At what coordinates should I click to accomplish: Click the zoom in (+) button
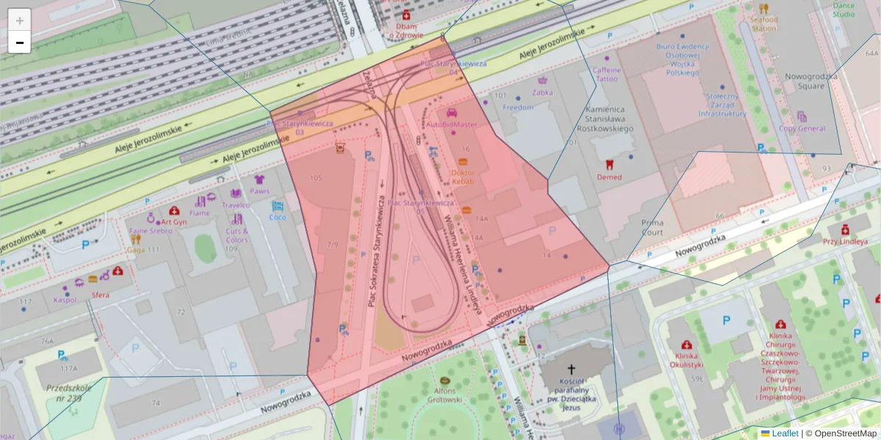(x=20, y=21)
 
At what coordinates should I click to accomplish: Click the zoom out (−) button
(x=20, y=43)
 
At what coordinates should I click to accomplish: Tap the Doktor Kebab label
(x=463, y=176)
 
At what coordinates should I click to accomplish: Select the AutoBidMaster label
(x=452, y=124)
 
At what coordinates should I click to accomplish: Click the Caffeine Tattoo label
(x=606, y=74)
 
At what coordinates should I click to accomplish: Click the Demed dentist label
(x=609, y=177)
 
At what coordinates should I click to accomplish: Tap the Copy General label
(x=802, y=128)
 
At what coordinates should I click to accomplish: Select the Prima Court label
(x=652, y=227)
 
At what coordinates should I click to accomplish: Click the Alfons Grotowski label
(x=445, y=395)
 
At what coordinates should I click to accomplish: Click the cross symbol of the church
(x=571, y=371)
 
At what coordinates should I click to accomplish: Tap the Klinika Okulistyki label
(x=686, y=359)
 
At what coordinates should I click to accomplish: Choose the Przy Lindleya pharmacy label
(x=844, y=241)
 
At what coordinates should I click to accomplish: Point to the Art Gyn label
(x=174, y=221)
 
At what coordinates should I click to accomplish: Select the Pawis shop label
(x=259, y=191)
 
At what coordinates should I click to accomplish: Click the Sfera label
(x=101, y=295)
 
